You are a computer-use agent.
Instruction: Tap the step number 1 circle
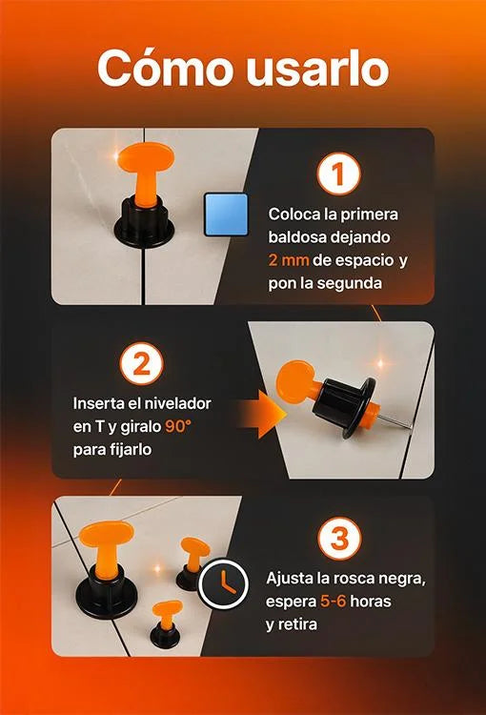point(338,174)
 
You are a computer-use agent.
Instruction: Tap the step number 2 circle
point(142,364)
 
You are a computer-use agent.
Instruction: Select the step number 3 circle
point(339,538)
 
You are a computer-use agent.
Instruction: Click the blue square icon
point(226,214)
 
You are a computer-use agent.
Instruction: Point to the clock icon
point(223,583)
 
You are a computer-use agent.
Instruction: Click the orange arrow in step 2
point(262,415)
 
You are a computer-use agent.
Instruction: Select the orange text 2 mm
point(289,260)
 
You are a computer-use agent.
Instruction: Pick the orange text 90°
point(178,426)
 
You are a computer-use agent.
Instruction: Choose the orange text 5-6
point(333,601)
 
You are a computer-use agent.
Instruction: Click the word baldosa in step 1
point(296,237)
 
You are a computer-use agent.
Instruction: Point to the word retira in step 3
point(296,623)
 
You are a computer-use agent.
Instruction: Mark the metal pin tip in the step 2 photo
point(410,427)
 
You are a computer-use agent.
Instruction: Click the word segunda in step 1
point(350,284)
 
